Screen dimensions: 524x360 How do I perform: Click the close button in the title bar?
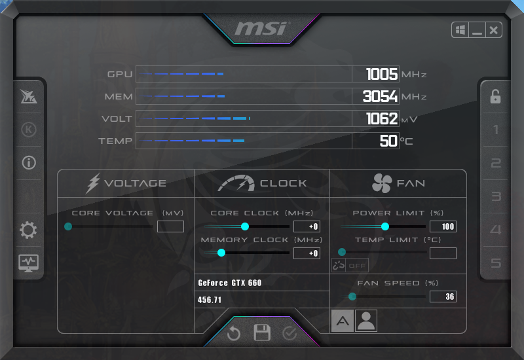pyautogui.click(x=493, y=30)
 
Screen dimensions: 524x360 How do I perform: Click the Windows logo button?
pyautogui.click(x=460, y=30)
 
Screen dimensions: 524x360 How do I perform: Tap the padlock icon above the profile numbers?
pyautogui.click(x=495, y=97)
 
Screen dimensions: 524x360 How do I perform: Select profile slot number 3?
pyautogui.click(x=496, y=196)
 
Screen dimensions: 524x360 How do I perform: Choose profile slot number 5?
pyautogui.click(x=496, y=263)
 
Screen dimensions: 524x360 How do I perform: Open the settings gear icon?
pyautogui.click(x=29, y=230)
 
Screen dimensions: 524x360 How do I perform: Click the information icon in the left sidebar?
pyautogui.click(x=29, y=162)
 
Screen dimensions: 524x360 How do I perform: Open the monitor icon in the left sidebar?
pyautogui.click(x=29, y=263)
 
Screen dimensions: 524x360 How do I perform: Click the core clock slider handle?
pyautogui.click(x=245, y=226)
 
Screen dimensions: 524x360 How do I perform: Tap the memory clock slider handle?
pyautogui.click(x=221, y=253)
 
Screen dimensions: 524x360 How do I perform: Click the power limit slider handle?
pyautogui.click(x=385, y=226)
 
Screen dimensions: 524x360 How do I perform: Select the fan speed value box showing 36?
pyautogui.click(x=443, y=297)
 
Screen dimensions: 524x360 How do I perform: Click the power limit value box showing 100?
pyautogui.click(x=443, y=226)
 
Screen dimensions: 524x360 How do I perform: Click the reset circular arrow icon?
pyautogui.click(x=234, y=334)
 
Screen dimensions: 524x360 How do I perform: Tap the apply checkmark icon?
pyautogui.click(x=290, y=334)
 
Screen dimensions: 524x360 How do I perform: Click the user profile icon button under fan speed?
pyautogui.click(x=366, y=321)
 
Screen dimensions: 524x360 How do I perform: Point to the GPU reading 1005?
pyautogui.click(x=381, y=74)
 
